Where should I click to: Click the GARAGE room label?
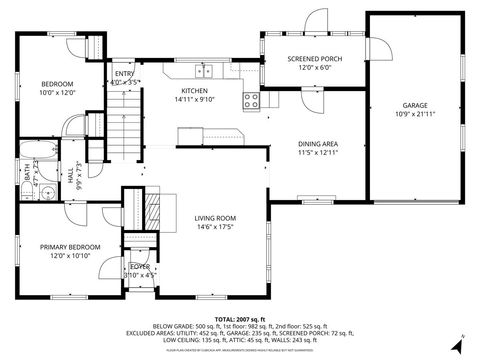click(415, 105)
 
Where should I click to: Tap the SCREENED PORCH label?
click(315, 59)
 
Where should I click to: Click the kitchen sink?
click(205, 71)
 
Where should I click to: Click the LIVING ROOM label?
click(214, 218)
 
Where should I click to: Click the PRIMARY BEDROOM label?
click(70, 246)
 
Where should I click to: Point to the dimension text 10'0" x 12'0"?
click(58, 92)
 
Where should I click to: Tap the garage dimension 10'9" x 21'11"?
click(415, 114)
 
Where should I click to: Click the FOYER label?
click(138, 266)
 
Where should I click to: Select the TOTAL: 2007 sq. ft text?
click(239, 317)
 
